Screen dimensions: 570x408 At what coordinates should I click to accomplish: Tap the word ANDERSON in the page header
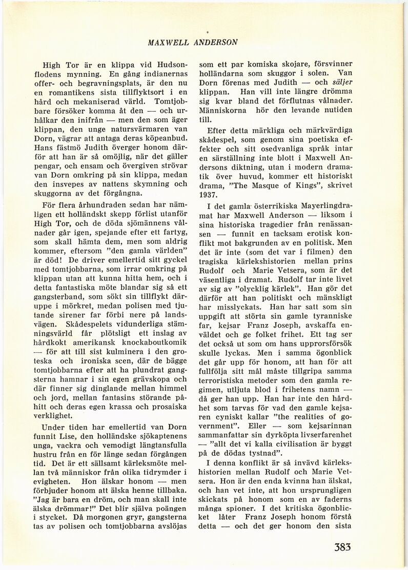216,43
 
